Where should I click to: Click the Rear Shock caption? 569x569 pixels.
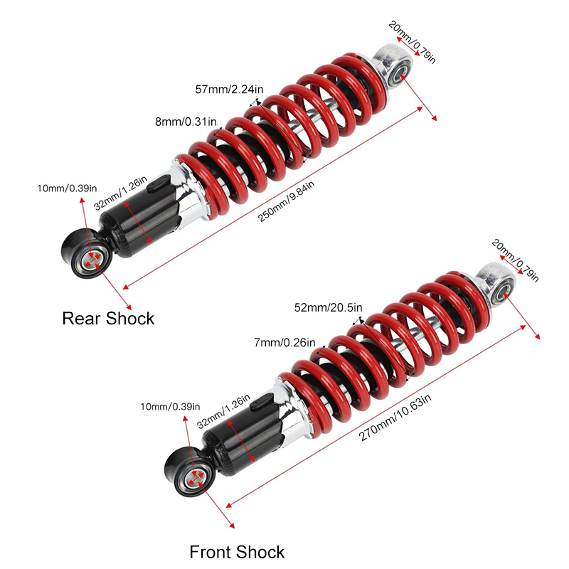tap(108, 318)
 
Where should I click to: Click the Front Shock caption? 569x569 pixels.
tap(237, 552)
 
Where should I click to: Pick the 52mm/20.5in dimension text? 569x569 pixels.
tap(328, 307)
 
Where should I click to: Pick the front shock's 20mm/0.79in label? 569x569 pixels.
tap(515, 259)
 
